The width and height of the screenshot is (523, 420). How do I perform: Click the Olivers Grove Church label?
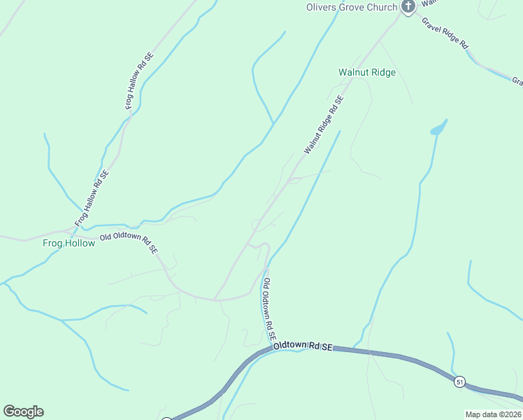(x=351, y=8)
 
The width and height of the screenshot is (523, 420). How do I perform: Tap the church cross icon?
(x=408, y=6)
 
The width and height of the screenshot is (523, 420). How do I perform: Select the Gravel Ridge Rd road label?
(x=445, y=32)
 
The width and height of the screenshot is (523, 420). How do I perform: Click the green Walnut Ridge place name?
(x=367, y=72)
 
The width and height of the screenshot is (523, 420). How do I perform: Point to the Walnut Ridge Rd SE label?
(x=324, y=125)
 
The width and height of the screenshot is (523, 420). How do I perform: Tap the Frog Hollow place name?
(x=69, y=244)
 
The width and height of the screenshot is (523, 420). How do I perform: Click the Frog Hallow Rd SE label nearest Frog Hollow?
(x=92, y=198)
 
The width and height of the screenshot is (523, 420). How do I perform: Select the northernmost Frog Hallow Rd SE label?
(x=138, y=80)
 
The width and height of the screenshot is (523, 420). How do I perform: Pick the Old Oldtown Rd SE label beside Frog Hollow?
(x=129, y=242)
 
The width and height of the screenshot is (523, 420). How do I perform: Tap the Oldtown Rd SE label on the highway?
(x=303, y=346)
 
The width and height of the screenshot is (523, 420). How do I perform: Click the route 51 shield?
(x=459, y=381)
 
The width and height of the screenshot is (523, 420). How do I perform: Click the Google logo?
(x=23, y=412)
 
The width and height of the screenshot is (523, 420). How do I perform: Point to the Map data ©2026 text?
(x=494, y=414)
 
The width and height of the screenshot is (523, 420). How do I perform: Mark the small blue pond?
(x=438, y=129)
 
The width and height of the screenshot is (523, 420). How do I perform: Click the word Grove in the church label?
(x=356, y=8)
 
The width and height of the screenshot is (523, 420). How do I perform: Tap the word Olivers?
(x=322, y=8)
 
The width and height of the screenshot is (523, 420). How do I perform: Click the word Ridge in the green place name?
(x=384, y=72)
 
